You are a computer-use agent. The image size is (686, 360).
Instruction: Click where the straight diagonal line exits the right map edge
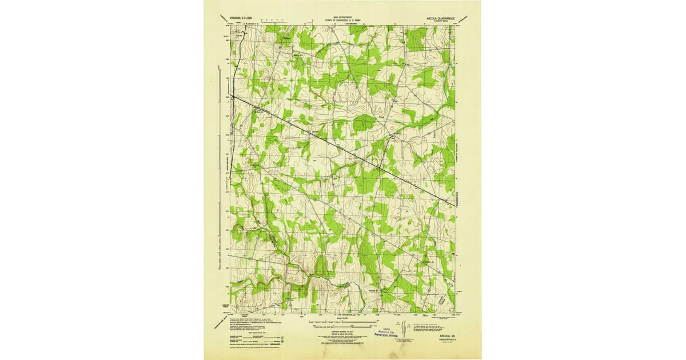(456, 204)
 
